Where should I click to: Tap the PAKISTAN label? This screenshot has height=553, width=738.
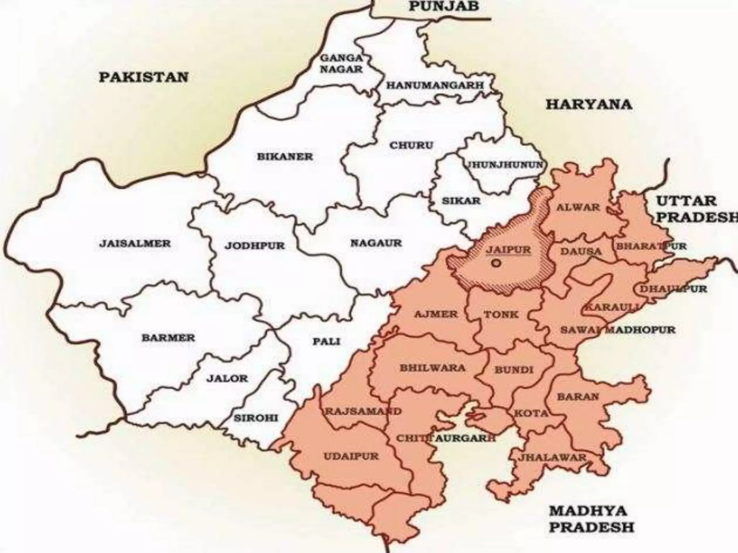(143, 77)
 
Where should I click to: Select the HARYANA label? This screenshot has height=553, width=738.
(589, 104)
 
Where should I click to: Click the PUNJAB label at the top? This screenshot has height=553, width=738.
(444, 6)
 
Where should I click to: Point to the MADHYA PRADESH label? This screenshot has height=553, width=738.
(591, 518)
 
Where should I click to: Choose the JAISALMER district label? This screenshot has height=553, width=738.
(135, 243)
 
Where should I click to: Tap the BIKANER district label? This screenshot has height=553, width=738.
(285, 157)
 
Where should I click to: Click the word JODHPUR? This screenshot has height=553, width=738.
(255, 246)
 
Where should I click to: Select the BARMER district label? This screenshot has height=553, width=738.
(168, 338)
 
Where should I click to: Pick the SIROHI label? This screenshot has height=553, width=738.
(256, 418)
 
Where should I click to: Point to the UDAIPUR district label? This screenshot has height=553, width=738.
(351, 457)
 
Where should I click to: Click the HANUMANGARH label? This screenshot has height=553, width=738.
(435, 85)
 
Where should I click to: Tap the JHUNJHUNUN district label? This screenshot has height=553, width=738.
(504, 165)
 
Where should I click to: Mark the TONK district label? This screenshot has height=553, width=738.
(501, 314)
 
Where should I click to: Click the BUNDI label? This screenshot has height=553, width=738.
(514, 369)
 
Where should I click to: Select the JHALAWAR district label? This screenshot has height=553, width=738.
(552, 457)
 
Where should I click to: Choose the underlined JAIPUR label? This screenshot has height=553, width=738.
(508, 249)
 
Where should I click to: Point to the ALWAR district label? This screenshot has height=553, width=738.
(578, 207)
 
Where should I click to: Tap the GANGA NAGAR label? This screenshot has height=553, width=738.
(341, 63)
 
